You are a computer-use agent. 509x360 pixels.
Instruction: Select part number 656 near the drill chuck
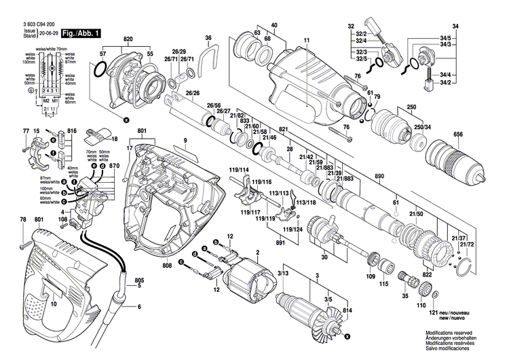[x=459, y=134]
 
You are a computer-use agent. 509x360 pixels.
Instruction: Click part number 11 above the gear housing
[x=307, y=41]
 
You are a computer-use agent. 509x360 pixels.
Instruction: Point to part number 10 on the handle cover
[x=54, y=305]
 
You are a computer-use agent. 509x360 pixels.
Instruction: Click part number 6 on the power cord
[x=139, y=308]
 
